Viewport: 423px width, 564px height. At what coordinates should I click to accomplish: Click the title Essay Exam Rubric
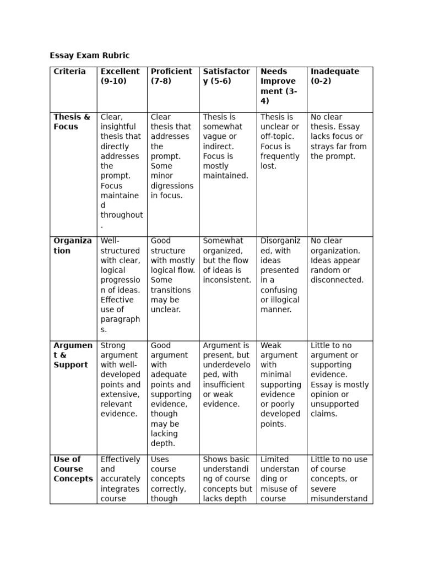coord(90,56)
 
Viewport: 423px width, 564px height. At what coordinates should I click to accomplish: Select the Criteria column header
coord(70,72)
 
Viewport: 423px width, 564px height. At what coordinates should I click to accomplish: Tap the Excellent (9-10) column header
coord(120,76)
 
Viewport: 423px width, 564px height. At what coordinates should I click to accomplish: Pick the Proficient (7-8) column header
coord(171,76)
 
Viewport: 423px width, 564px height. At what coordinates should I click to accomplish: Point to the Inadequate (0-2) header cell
coord(335,76)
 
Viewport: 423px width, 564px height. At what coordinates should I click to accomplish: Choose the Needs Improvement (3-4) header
coord(279,86)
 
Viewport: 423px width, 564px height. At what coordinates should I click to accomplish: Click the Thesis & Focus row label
coord(72,122)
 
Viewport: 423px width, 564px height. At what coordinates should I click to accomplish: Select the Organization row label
coord(73,246)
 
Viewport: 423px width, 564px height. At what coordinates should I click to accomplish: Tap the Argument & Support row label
coord(73,355)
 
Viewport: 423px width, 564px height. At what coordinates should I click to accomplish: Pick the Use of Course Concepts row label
coord(73,469)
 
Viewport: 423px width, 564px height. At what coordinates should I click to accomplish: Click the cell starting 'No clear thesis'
coord(338,137)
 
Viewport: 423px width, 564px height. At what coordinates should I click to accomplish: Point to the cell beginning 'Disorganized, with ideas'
coord(281,275)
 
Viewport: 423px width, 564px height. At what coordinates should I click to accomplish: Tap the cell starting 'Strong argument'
coord(121,379)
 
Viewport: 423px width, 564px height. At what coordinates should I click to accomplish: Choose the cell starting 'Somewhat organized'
coord(227,260)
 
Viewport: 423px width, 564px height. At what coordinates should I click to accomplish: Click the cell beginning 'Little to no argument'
coord(339,379)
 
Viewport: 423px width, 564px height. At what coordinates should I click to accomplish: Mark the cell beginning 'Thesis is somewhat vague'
coord(227,147)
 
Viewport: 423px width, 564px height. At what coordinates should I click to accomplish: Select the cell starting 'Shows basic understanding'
coord(227,479)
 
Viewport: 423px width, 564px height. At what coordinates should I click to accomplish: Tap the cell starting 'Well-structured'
coord(121,285)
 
